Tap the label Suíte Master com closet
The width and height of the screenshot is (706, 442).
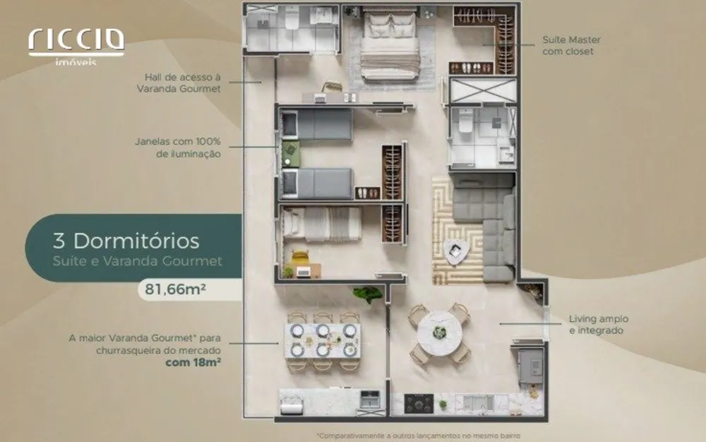click(571, 45)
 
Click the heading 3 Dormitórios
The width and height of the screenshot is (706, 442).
click(126, 241)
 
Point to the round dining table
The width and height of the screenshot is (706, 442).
click(439, 333)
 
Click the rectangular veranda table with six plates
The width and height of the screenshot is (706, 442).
click(322, 341)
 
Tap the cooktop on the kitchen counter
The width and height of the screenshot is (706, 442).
click(419, 403)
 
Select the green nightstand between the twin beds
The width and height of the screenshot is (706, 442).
click(290, 154)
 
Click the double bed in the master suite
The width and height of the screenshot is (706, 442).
click(390, 46)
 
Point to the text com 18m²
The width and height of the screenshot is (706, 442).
click(193, 362)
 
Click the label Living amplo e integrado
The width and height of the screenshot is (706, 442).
click(599, 325)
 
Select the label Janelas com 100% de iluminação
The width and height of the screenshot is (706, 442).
click(178, 148)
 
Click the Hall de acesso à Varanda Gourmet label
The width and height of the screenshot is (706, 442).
click(179, 83)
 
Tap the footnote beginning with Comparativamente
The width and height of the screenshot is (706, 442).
click(419, 436)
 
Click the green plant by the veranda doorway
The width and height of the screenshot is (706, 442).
click(368, 294)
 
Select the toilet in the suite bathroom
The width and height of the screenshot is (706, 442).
click(465, 121)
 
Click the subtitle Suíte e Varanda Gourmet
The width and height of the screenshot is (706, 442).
click(138, 261)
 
